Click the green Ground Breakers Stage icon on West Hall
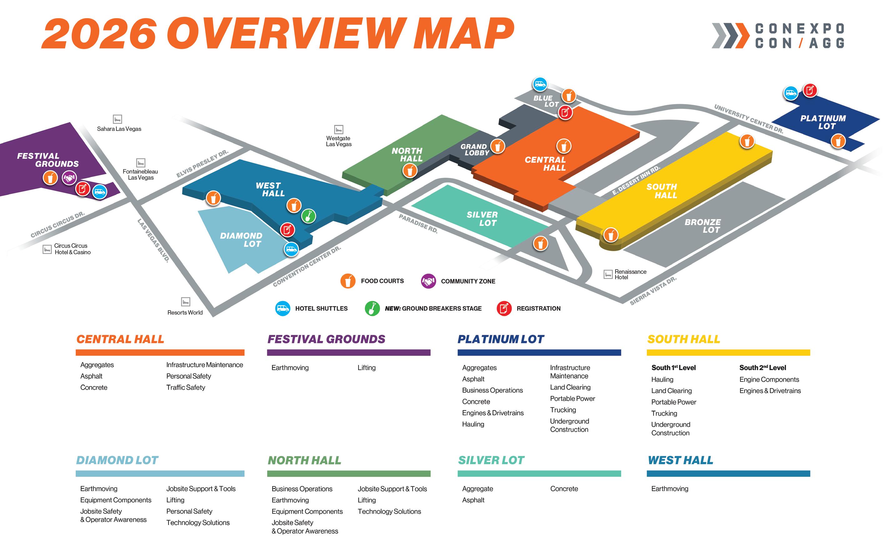[x=308, y=216]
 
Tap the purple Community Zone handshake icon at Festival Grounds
[x=69, y=178]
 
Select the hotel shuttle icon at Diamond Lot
[x=291, y=249]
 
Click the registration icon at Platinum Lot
[x=810, y=90]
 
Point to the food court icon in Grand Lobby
[x=498, y=146]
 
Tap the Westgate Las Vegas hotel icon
[x=338, y=129]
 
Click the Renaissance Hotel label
[x=630, y=275]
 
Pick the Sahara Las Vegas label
[x=119, y=129]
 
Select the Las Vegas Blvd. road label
[x=153, y=240]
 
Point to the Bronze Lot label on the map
[x=703, y=226]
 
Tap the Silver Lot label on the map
[x=482, y=219]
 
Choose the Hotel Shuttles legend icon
[x=283, y=308]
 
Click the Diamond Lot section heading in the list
[x=117, y=460]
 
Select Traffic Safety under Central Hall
[x=186, y=387]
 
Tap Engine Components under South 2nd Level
[x=769, y=380]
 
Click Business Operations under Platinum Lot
[x=492, y=390]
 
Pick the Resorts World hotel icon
[x=186, y=301]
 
